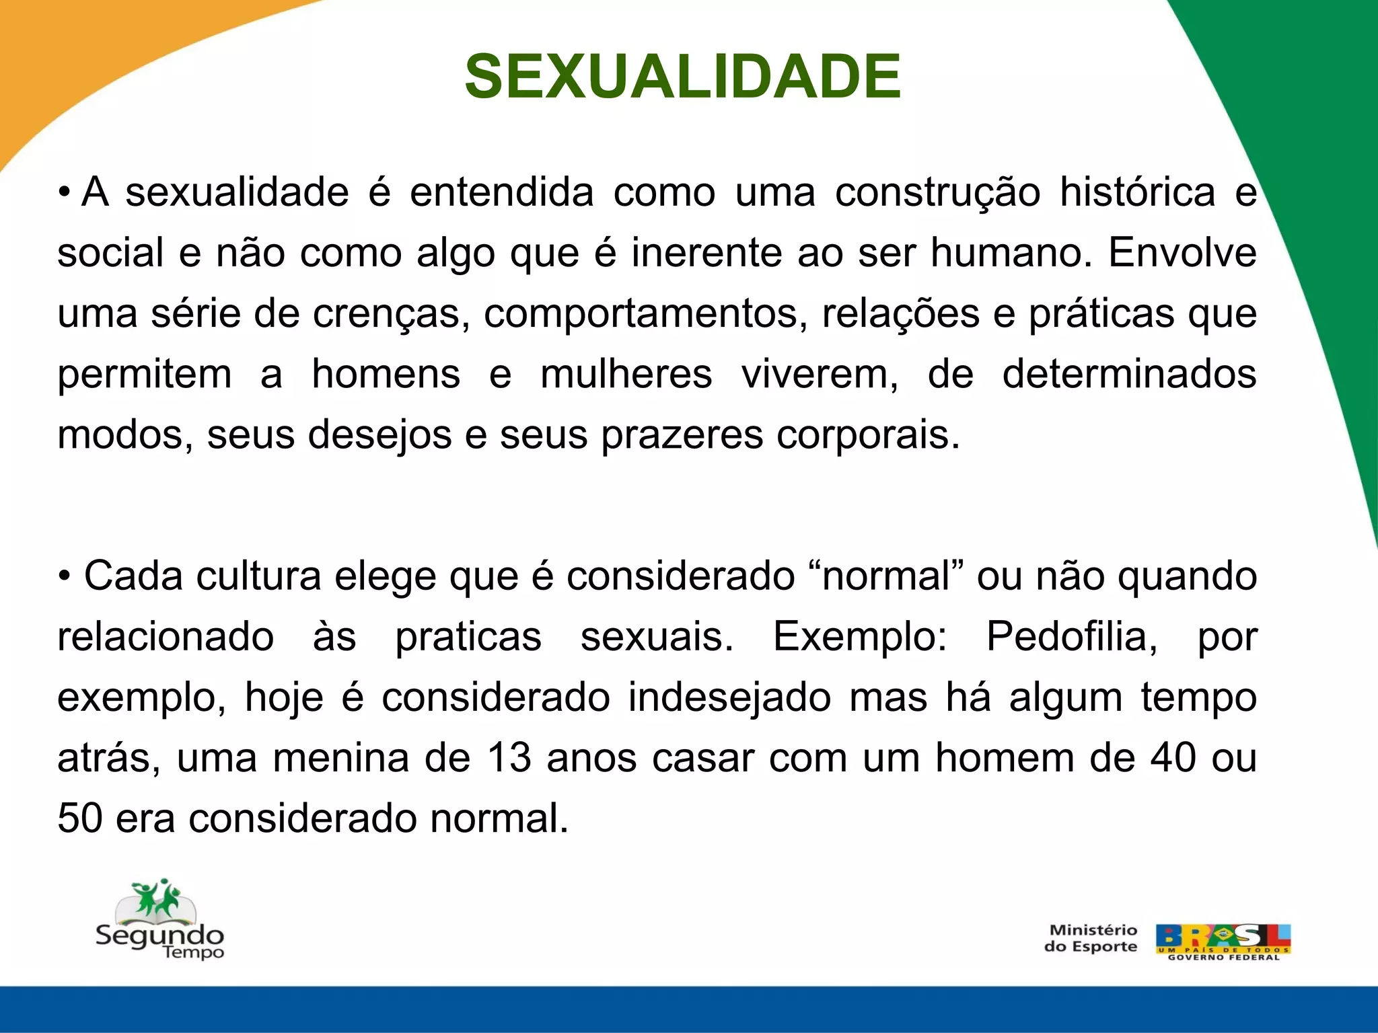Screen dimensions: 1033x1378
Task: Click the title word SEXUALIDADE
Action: [682, 77]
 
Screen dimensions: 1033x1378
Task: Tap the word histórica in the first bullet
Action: [1137, 192]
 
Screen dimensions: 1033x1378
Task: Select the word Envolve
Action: [1182, 253]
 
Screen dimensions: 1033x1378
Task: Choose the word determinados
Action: [1129, 375]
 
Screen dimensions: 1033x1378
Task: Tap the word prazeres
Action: [682, 436]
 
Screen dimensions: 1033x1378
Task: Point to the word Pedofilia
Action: [1072, 637]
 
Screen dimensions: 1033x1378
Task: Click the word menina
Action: [339, 758]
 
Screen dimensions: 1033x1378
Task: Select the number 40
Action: [1173, 758]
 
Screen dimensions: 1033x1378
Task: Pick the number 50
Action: [80, 819]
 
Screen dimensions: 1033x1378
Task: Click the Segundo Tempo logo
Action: [159, 920]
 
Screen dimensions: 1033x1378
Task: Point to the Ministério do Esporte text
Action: [1091, 939]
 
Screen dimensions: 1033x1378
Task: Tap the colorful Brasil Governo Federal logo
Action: [1223, 942]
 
